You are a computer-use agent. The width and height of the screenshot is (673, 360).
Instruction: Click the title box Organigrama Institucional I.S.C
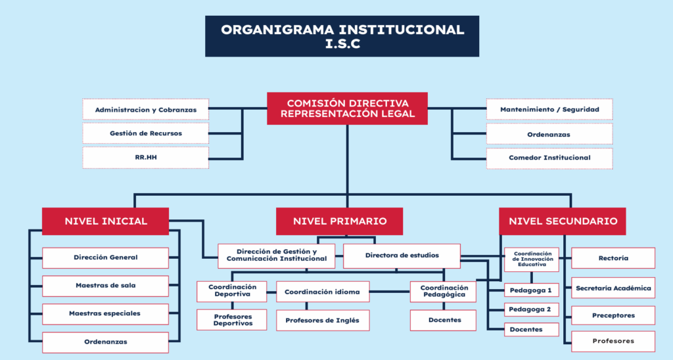[x=342, y=36]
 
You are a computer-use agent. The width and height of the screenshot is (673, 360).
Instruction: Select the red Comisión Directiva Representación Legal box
[x=347, y=108]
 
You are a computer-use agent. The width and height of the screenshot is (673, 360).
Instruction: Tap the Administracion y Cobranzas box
[x=145, y=110]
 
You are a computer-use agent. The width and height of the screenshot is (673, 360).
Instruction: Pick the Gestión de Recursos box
[x=145, y=133]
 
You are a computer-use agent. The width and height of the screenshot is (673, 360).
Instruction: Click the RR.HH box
[x=145, y=158]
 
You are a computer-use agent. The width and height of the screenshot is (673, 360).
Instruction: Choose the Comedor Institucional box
[x=549, y=158]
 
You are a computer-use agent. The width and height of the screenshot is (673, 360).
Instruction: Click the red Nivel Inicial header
[x=105, y=221]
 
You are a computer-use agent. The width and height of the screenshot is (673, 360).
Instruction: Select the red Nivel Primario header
[x=339, y=221]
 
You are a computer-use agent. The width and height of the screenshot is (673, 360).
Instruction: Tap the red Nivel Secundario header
[x=563, y=221]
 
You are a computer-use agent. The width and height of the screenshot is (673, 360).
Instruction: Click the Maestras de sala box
[x=105, y=286]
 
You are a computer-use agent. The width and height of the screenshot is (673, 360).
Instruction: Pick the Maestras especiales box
[x=105, y=313]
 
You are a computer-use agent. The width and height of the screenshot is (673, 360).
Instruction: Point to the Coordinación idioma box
[x=323, y=292]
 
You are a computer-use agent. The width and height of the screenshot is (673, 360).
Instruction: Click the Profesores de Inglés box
[x=323, y=320]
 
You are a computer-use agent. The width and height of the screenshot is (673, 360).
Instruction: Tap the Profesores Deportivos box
[x=232, y=320]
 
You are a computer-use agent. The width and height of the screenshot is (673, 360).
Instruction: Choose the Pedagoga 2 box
[x=531, y=309]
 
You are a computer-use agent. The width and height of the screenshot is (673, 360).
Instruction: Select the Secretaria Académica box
[x=613, y=288]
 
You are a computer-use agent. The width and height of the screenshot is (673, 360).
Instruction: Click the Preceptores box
[x=613, y=315]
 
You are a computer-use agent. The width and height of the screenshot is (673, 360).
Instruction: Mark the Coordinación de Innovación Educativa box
[x=531, y=259]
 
